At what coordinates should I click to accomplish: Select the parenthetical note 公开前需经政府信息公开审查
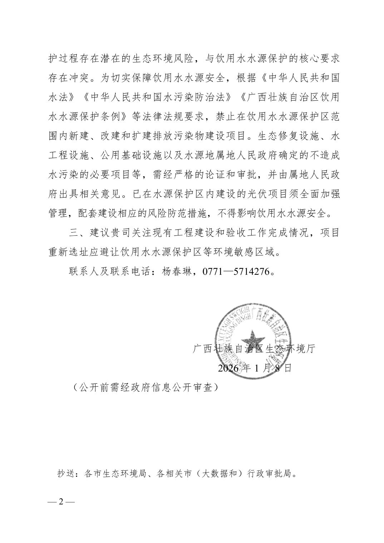click(145, 387)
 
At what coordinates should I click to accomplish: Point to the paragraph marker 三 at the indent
click(74, 233)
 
